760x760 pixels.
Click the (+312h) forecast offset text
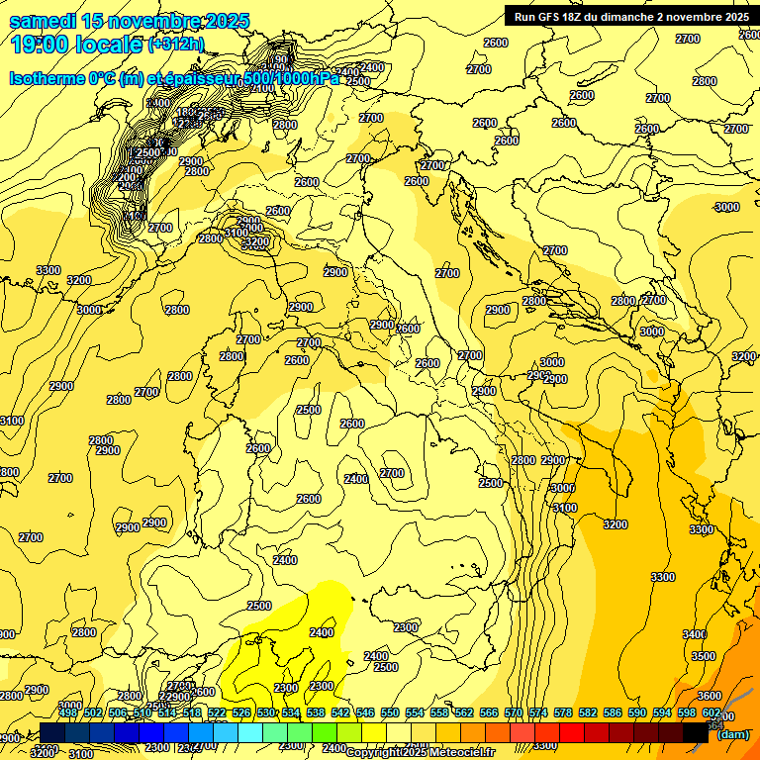pos(177,45)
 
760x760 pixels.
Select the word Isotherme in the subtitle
pos(47,78)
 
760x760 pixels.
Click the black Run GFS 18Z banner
pos(630,16)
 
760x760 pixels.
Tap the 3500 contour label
pos(704,656)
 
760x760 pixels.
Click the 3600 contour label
pos(710,696)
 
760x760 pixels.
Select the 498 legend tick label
pos(68,712)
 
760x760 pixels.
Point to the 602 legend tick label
pos(712,712)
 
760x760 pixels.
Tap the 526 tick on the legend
pos(241,712)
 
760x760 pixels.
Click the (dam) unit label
pos(733,733)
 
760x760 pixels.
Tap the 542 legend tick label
pos(339,712)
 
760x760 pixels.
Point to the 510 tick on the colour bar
pos(142,712)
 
